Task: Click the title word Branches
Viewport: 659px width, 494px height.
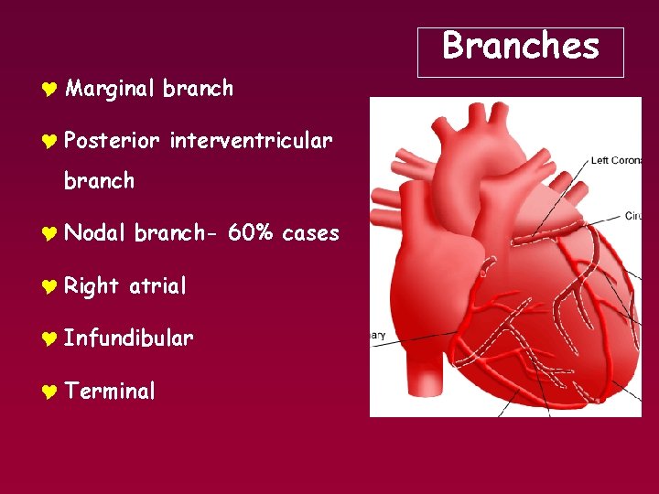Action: [x=520, y=46]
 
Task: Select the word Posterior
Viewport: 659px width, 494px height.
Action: [x=112, y=141]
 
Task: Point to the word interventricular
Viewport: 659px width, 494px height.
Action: [x=250, y=141]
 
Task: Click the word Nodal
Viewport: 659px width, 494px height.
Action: [x=94, y=233]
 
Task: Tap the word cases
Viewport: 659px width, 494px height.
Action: [x=310, y=233]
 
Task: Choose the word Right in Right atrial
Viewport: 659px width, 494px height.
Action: [x=92, y=286]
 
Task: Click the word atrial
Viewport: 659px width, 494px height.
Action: [x=157, y=286]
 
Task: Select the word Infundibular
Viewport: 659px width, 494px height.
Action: [x=128, y=338]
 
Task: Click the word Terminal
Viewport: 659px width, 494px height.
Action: [x=110, y=392]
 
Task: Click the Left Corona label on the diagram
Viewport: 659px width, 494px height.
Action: [x=615, y=161]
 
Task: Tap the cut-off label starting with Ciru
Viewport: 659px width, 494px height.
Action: [x=632, y=217]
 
